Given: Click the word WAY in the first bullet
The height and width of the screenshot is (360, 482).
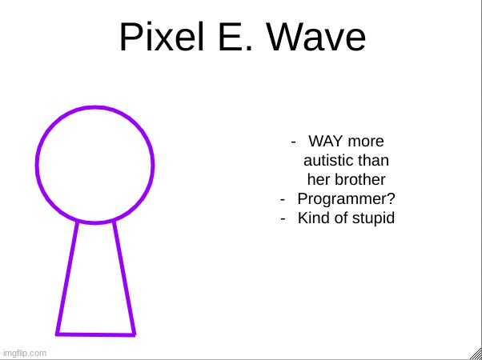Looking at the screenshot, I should tap(326, 142).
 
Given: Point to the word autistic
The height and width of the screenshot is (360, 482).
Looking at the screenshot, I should tap(329, 161).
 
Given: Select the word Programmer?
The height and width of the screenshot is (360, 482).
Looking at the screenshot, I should tap(346, 198).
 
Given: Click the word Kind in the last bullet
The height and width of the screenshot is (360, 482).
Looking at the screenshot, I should tap(313, 218).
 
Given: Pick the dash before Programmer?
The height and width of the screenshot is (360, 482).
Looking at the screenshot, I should tap(284, 198).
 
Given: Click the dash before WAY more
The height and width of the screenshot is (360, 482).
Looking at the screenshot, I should tap(295, 142).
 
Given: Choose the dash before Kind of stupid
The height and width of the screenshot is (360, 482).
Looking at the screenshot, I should tap(284, 218).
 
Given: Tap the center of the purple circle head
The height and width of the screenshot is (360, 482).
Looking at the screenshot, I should tap(94, 165).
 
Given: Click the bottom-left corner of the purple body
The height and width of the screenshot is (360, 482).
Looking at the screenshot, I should tap(58, 333).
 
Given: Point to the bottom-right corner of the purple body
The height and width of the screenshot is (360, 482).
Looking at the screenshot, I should tap(134, 334).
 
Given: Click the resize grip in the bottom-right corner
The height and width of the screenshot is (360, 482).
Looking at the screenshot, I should tap(475, 353).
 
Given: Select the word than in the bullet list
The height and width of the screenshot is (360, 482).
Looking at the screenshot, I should tap(374, 161).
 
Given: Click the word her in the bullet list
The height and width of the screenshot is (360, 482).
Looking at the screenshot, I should tap(319, 180).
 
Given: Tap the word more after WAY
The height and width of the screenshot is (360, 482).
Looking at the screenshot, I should tap(366, 142).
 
